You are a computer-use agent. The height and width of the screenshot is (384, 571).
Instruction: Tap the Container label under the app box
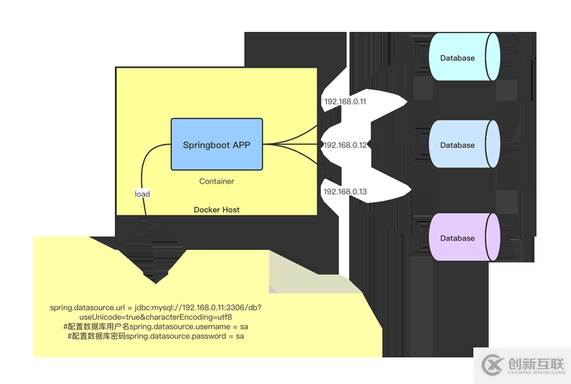click(x=216, y=181)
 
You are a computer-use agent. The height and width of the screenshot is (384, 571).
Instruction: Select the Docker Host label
click(x=216, y=210)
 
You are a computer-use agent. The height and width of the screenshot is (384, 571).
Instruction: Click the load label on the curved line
click(x=142, y=194)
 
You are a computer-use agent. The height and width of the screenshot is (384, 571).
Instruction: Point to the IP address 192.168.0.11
click(x=345, y=102)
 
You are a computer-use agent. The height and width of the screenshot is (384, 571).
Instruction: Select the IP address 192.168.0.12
click(x=345, y=145)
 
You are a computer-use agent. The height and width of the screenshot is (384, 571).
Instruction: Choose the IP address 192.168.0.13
click(x=345, y=191)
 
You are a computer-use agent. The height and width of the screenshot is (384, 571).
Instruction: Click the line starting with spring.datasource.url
click(x=155, y=308)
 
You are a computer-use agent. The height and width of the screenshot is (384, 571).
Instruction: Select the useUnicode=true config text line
click(x=155, y=317)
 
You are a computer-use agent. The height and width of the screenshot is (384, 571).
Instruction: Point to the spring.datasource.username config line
click(x=155, y=327)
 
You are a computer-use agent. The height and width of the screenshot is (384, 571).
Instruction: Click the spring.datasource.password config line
click(x=155, y=337)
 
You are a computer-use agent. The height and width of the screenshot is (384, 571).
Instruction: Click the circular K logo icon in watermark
click(x=492, y=365)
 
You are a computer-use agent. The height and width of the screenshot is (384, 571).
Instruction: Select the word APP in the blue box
click(x=241, y=145)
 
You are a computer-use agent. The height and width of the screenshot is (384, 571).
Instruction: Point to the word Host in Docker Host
click(x=230, y=210)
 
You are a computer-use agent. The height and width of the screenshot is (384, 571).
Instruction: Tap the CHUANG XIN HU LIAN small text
click(x=535, y=374)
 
